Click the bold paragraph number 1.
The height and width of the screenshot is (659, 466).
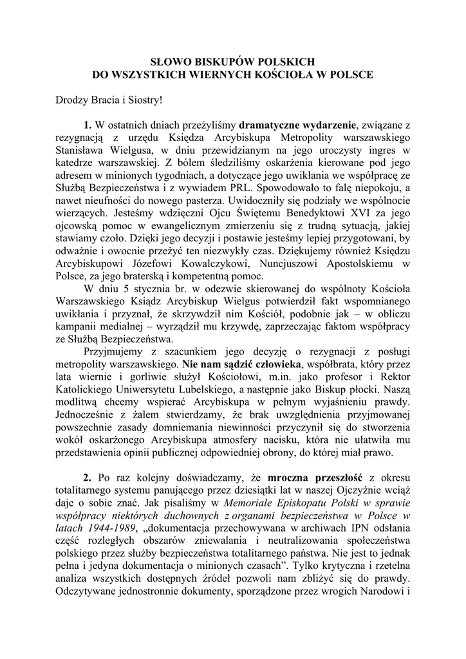pos(88,124)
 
